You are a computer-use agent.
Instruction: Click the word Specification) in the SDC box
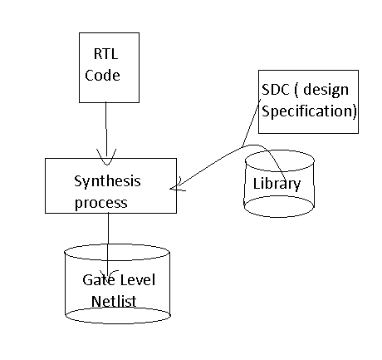tap(308, 111)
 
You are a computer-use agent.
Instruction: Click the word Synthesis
tap(108, 181)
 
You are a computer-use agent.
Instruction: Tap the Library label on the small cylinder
tap(277, 184)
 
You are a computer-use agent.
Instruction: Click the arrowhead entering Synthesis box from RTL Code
tap(107, 155)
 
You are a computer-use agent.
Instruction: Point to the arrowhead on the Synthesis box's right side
tap(175, 187)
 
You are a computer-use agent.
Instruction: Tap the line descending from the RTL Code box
tap(105, 125)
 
